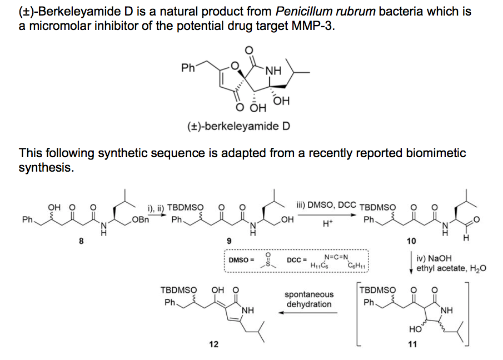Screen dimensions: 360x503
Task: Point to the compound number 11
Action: pyautogui.click(x=412, y=344)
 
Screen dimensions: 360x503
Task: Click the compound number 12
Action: pyautogui.click(x=213, y=344)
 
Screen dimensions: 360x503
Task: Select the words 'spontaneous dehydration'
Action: pyautogui.click(x=309, y=299)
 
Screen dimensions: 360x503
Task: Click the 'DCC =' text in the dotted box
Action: pyautogui.click(x=297, y=259)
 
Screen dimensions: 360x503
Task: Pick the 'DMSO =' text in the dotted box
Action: pyautogui.click(x=241, y=259)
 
